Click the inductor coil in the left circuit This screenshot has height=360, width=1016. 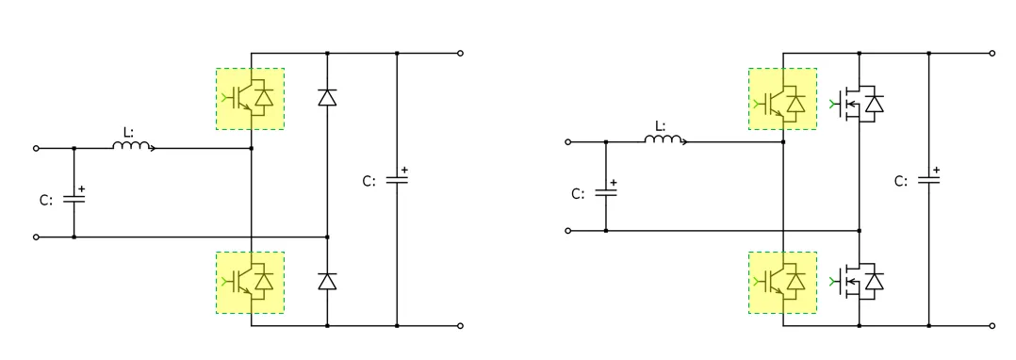pos(133,146)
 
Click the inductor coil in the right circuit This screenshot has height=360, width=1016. pos(665,140)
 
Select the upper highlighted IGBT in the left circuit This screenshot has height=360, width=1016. pos(250,98)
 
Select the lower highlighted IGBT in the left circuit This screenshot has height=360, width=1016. pos(250,282)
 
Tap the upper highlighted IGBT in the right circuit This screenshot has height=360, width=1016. pos(782,98)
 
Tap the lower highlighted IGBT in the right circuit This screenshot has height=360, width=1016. pos(782,282)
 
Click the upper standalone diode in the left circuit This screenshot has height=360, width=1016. pos(327,97)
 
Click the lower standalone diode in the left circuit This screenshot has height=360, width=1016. pos(327,281)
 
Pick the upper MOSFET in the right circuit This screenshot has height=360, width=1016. pos(859,103)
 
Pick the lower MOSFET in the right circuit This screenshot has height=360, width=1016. pos(859,281)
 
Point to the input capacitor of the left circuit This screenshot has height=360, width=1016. pos(74,200)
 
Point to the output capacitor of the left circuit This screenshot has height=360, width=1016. pos(397,180)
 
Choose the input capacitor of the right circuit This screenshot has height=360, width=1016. pos(605,192)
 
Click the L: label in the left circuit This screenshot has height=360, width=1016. pos(129,132)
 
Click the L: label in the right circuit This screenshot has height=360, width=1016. pos(661,125)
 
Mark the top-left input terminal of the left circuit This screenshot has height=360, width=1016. pos(37,148)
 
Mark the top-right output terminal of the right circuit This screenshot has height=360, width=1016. pos(992,54)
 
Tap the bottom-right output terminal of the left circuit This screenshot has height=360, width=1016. pos(460,326)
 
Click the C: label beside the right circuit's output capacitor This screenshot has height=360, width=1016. pos(901,181)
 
